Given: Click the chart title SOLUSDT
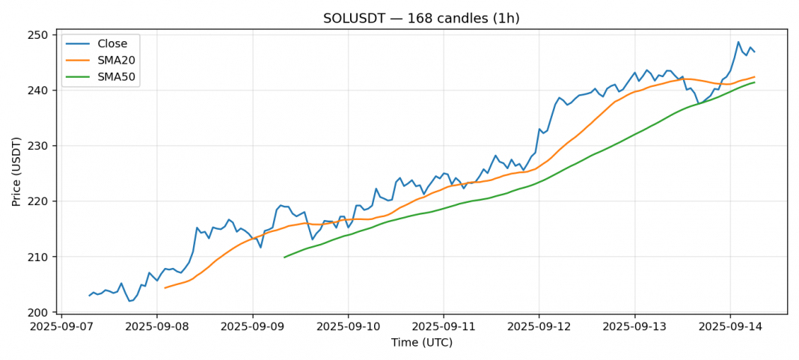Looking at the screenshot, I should tap(421, 18).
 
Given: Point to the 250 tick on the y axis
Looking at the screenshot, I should tap(42, 35).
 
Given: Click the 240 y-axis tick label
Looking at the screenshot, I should tap(42, 91).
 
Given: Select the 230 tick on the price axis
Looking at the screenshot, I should tap(42, 146).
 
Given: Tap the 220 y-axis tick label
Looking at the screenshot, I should tap(42, 201).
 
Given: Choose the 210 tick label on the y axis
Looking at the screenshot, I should tap(42, 257).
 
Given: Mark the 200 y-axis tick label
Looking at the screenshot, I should tap(42, 312).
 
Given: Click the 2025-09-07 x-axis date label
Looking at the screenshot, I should tap(61, 326).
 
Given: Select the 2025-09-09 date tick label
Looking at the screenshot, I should tap(252, 326).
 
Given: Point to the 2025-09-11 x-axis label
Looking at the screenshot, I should tap(443, 326).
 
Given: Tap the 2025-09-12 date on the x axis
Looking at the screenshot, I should tap(539, 326).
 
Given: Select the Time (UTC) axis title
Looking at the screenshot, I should tap(421, 343).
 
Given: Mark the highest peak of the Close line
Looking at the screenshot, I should tap(738, 42).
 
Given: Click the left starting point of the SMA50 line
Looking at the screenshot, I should tap(284, 257).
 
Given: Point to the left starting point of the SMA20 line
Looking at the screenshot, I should tap(165, 287).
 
